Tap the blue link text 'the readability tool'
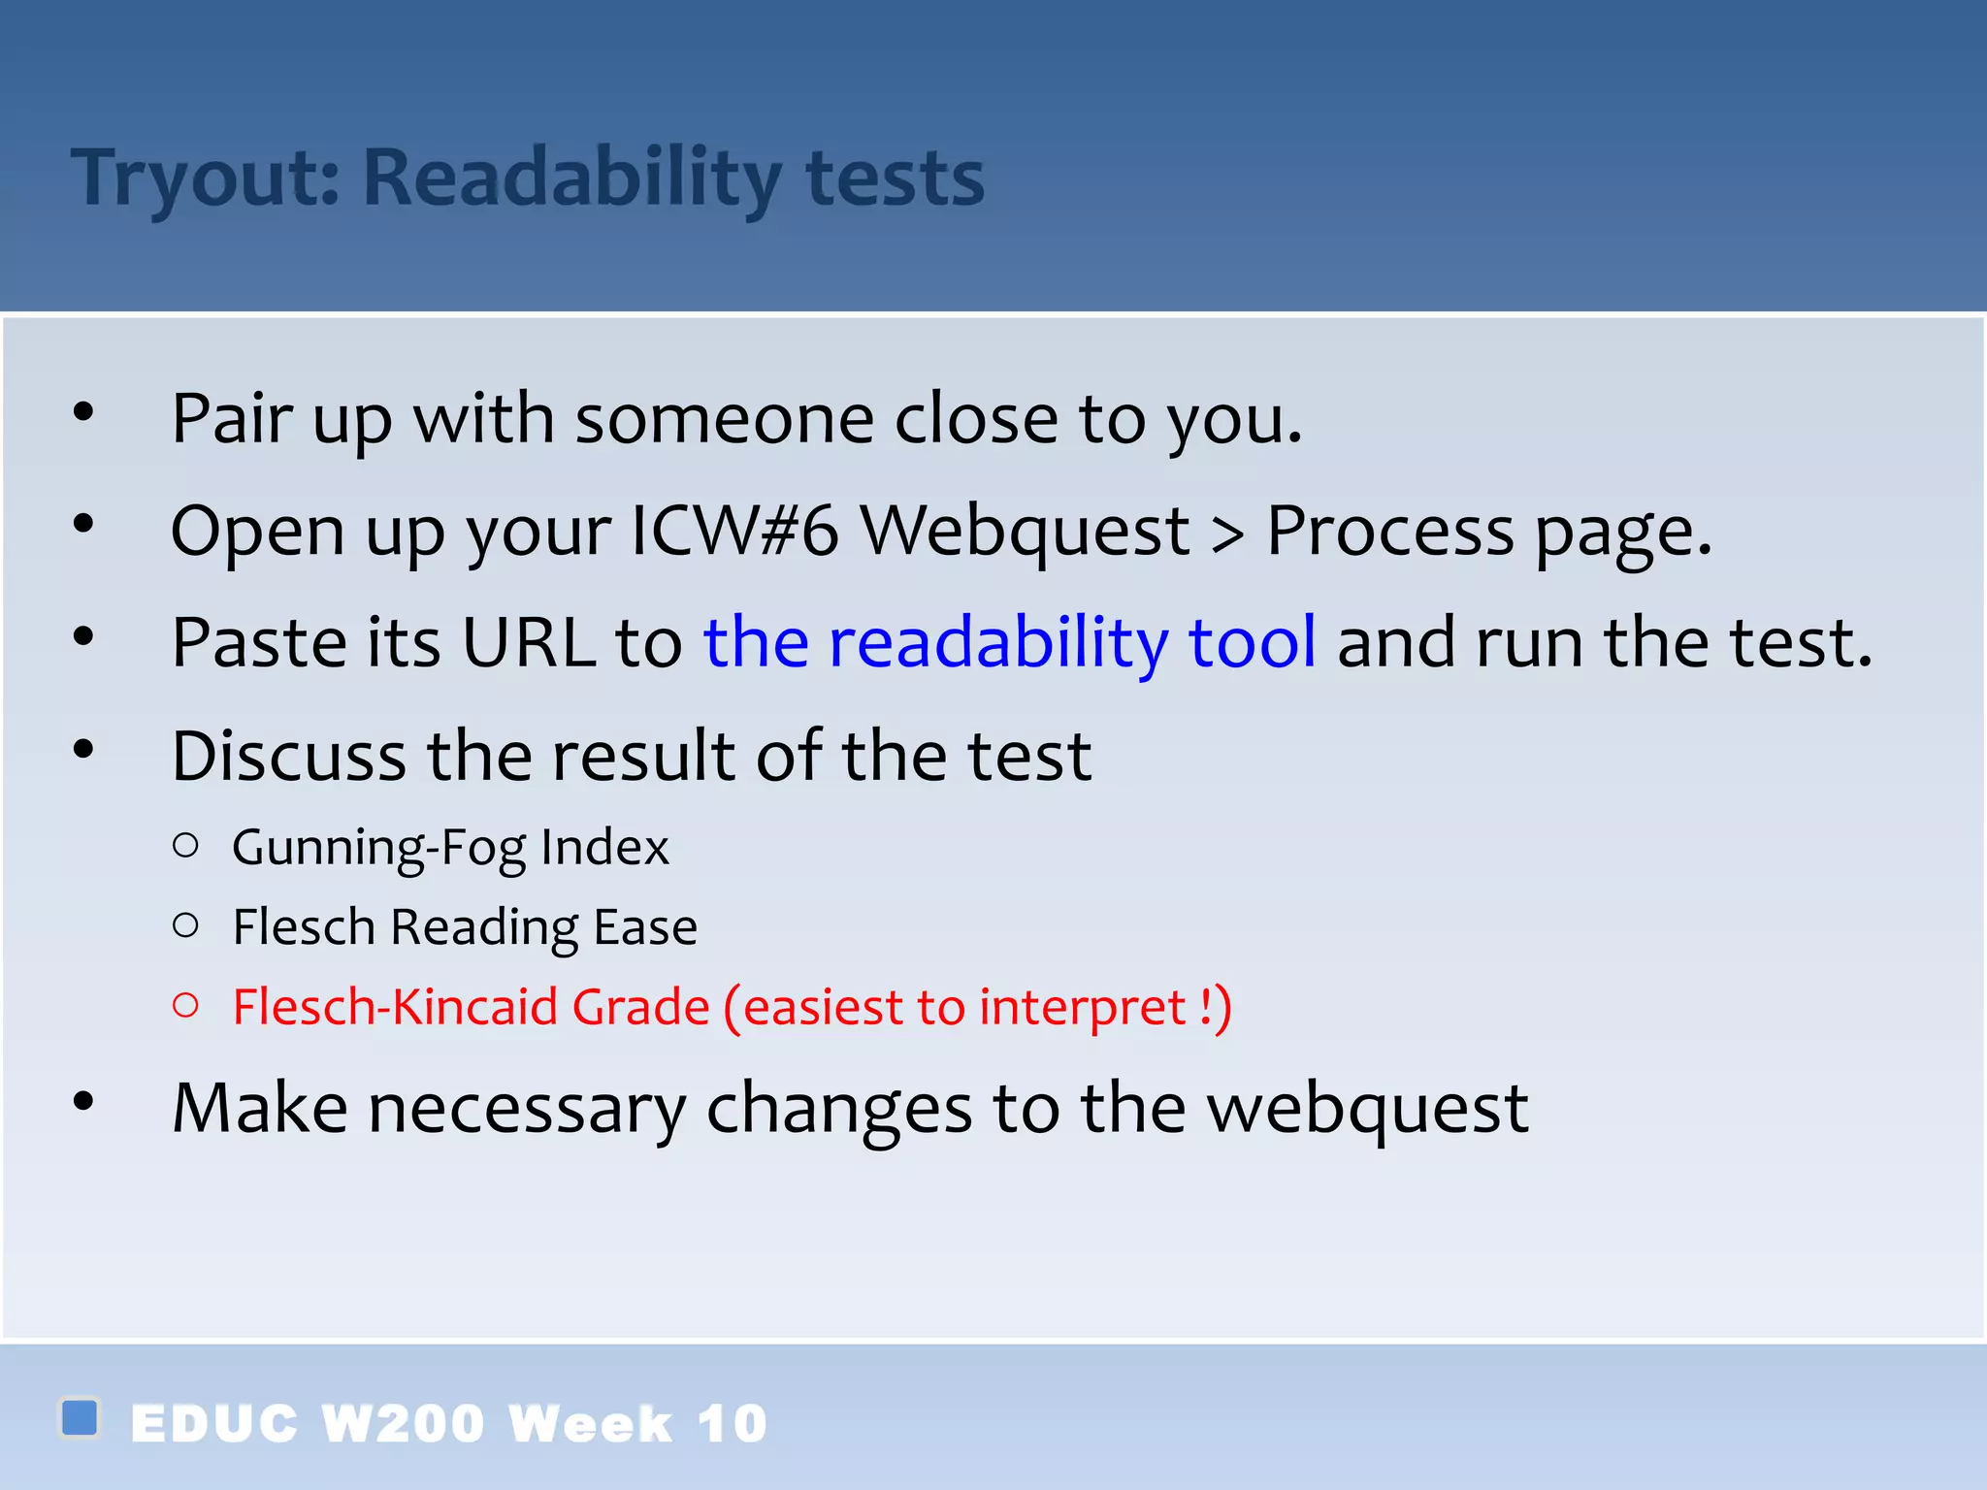coord(1010,642)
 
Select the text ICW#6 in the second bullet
coord(734,531)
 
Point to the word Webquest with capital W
coord(1026,531)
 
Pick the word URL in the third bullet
coord(529,642)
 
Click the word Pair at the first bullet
coord(232,419)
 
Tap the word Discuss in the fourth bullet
coord(289,756)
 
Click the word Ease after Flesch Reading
coord(645,926)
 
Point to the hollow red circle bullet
coord(185,1005)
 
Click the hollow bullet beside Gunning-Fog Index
coord(185,846)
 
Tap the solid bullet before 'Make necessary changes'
coord(83,1101)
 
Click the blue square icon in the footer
coord(80,1417)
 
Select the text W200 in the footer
coord(403,1424)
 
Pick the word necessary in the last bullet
coord(526,1109)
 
